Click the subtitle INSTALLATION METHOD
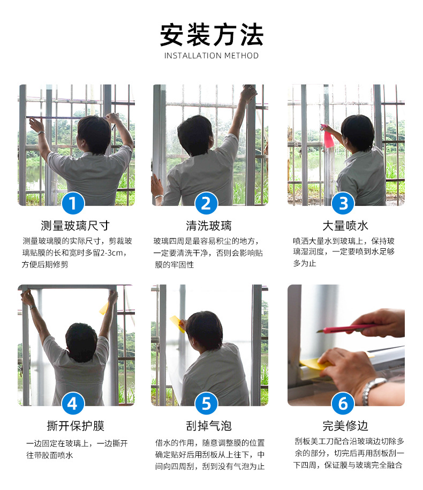pos(211,56)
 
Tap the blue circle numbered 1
pos(75,203)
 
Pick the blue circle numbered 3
pos(343,203)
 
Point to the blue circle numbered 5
pos(208,403)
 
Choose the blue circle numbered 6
pos(343,403)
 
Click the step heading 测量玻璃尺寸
pos(75,225)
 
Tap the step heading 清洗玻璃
pos(208,225)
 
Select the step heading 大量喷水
pos(345,225)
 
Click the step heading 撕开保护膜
pos(75,426)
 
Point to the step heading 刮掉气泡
pos(208,426)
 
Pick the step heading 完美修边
pos(345,426)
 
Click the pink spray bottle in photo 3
pos(328,137)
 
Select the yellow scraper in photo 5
pos(176,323)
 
